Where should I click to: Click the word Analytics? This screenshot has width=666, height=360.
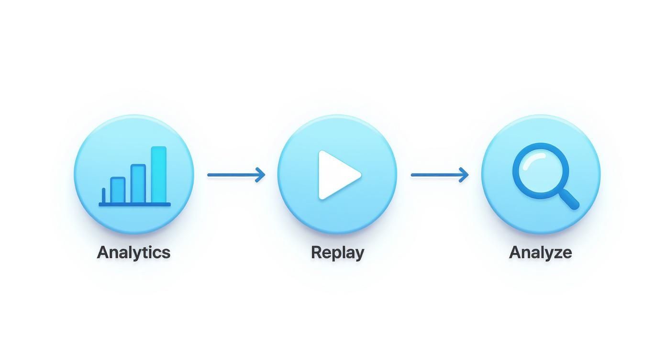(x=133, y=252)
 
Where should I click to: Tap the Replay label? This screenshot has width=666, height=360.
(x=337, y=252)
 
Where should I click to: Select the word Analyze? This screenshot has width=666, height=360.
(x=540, y=252)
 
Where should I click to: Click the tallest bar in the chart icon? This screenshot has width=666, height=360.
(x=159, y=175)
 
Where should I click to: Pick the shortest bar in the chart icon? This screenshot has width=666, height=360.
(x=118, y=190)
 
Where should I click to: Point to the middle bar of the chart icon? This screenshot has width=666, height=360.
(x=138, y=184)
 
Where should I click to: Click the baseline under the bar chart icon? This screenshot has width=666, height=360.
(x=134, y=204)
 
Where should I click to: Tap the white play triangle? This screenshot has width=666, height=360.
(x=337, y=175)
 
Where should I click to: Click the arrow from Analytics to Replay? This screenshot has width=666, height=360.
(x=236, y=175)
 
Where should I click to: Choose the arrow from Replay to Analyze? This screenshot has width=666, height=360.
(x=440, y=175)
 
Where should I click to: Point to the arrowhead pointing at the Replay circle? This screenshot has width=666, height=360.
(x=260, y=175)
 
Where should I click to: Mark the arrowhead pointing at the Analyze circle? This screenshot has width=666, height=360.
(x=464, y=175)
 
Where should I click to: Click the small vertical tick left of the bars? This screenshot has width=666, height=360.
(x=104, y=195)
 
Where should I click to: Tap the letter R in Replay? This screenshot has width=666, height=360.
(x=316, y=252)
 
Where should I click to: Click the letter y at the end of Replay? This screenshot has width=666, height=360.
(x=358, y=254)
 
